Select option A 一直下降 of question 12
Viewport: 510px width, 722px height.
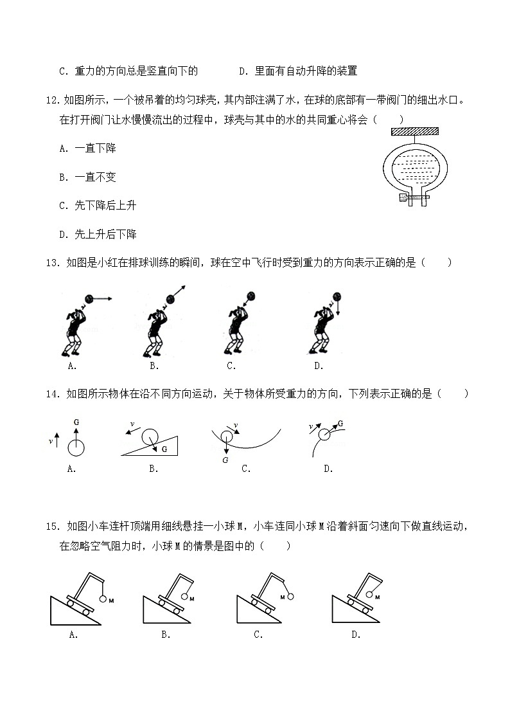tap(87, 148)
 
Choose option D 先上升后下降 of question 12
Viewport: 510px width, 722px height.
tap(98, 235)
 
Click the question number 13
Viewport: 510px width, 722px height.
tap(54, 262)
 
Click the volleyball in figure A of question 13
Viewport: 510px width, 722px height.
tap(91, 299)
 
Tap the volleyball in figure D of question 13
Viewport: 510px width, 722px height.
tap(337, 297)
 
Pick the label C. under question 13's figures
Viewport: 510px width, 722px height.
tap(231, 366)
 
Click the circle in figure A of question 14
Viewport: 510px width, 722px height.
tap(76, 447)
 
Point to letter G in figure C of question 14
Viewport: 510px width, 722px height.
tap(226, 460)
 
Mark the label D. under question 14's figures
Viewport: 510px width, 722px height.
tap(328, 469)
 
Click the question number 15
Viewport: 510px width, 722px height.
tap(54, 527)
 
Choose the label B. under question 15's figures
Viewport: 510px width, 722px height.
tap(166, 635)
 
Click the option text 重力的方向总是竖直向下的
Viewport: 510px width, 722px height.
tap(128, 71)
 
